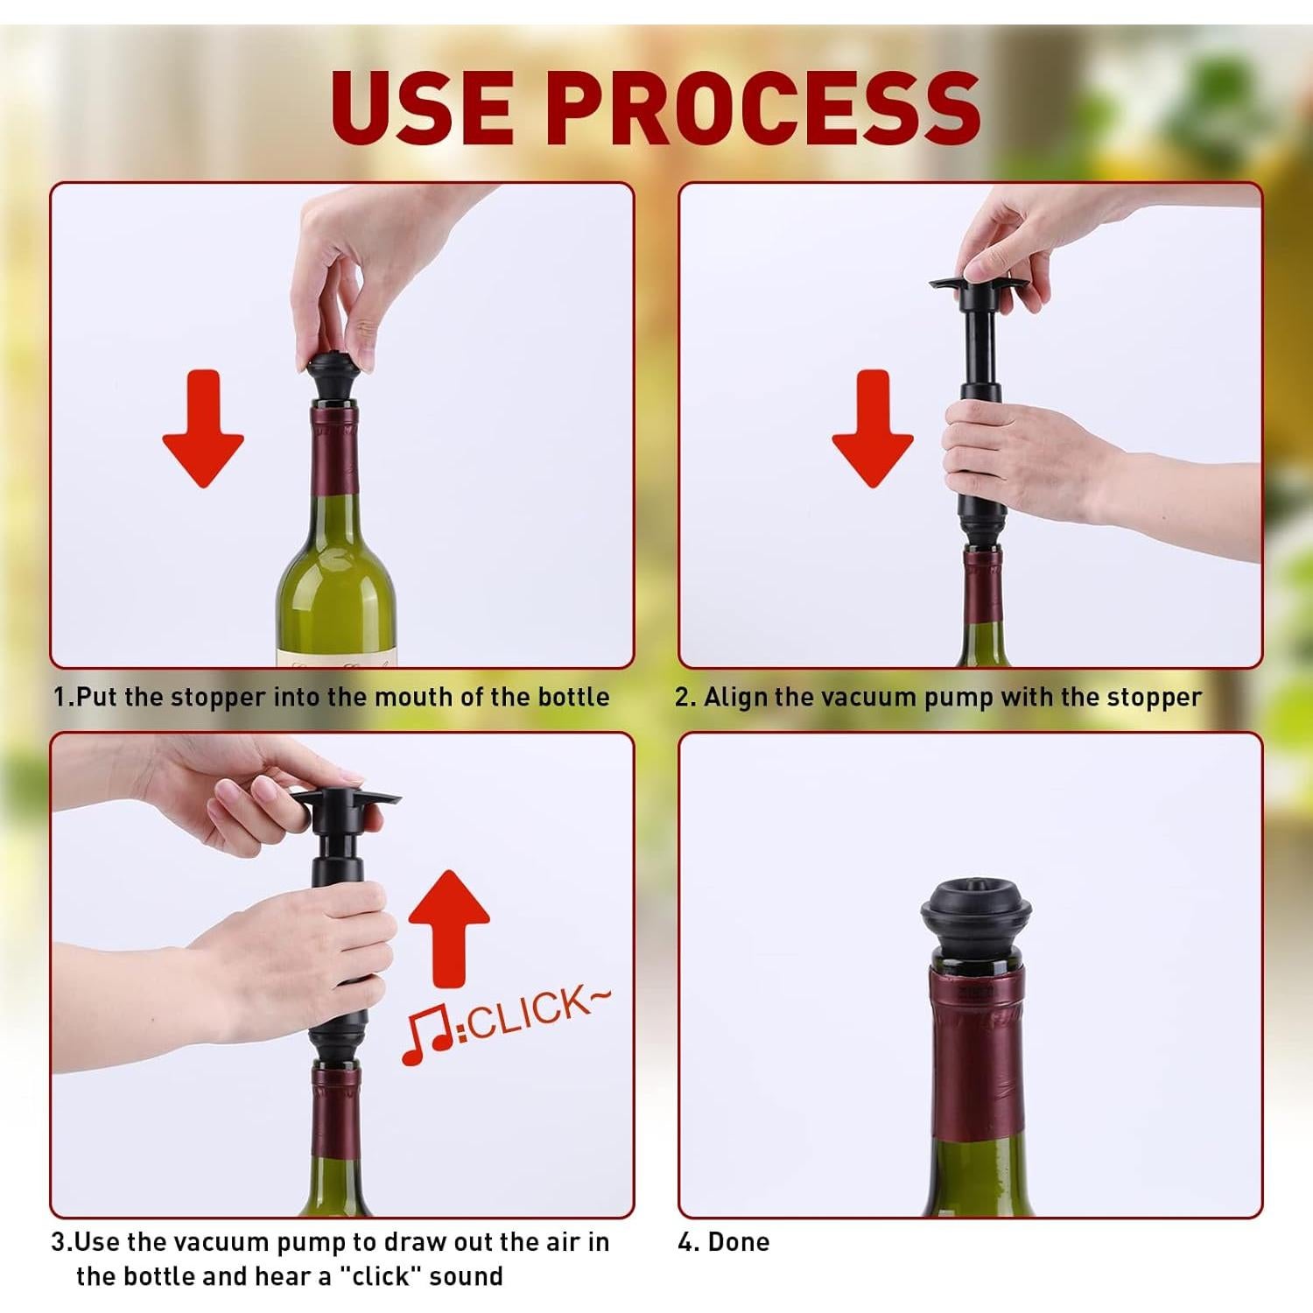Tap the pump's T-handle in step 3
[341, 799]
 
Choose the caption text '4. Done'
[724, 1242]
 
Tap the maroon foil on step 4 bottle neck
[976, 1050]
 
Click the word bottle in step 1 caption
[573, 698]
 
